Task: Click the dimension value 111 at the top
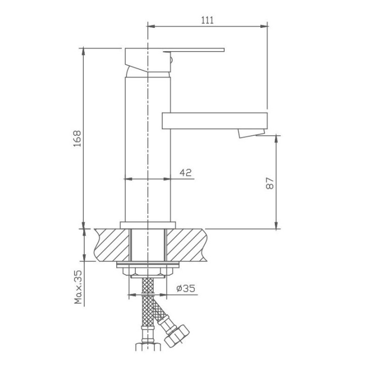tap(207, 20)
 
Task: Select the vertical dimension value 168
tap(77, 138)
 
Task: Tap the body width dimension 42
tap(185, 173)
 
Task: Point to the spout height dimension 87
tap(270, 183)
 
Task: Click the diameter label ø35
tap(186, 288)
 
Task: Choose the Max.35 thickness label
tap(78, 287)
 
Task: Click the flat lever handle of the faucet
tap(194, 50)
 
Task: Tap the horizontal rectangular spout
tap(215, 121)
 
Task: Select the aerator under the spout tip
tap(251, 133)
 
